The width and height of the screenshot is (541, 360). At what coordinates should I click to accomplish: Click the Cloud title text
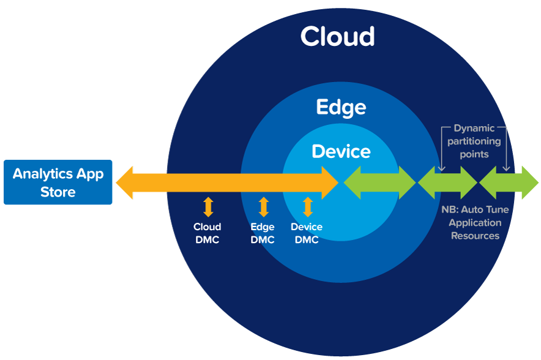(x=337, y=37)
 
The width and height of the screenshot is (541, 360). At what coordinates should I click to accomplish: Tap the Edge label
(x=341, y=108)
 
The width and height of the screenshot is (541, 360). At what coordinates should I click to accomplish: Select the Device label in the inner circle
(x=341, y=151)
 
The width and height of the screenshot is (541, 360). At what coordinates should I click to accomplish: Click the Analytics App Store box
(x=58, y=182)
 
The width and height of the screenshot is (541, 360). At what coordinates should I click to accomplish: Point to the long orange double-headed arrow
(x=227, y=182)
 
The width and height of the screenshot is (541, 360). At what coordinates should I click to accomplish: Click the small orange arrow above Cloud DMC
(x=208, y=207)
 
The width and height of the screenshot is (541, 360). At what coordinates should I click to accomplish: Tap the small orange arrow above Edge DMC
(x=264, y=207)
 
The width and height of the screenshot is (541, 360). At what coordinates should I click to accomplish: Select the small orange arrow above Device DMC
(x=307, y=207)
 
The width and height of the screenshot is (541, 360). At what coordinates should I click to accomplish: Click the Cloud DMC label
(x=207, y=233)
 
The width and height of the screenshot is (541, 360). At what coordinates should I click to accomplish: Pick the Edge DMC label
(x=263, y=233)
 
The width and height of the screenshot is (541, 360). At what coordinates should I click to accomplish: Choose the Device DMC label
(x=307, y=233)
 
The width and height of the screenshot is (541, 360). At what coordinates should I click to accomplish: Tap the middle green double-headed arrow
(x=447, y=182)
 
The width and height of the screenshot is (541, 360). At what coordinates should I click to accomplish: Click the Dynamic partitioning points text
(x=474, y=141)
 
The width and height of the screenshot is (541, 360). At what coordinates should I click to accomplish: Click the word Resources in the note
(x=475, y=236)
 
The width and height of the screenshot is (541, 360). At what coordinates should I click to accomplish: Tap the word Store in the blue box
(x=58, y=192)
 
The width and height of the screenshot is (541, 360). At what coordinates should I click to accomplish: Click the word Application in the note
(x=475, y=223)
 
